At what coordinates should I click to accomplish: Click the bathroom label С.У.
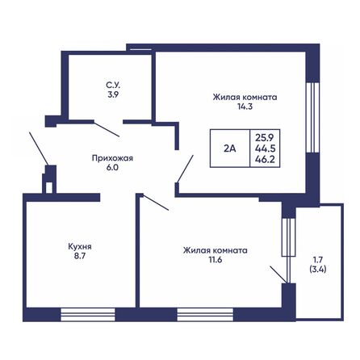[113, 84]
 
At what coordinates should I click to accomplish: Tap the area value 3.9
[113, 94]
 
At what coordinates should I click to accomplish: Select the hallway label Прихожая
[111, 158]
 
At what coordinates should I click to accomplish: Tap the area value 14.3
[245, 107]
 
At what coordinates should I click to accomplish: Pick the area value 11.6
[215, 261]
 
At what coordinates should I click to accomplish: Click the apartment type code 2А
[229, 148]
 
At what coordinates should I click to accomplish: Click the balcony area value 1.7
[317, 260]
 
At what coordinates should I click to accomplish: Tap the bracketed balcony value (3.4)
[317, 270]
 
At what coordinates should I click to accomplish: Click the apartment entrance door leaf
[36, 149]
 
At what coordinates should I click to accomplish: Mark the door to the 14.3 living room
[185, 170]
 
